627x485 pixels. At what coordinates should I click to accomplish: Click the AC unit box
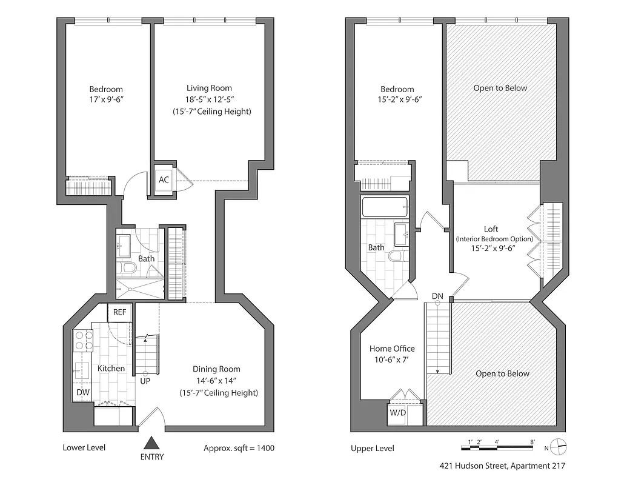pyautogui.click(x=164, y=180)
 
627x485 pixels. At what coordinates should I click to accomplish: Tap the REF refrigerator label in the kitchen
pyautogui.click(x=119, y=313)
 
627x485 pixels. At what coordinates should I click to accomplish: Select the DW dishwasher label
pyautogui.click(x=83, y=392)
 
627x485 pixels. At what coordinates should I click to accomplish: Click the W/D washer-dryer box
pyautogui.click(x=398, y=414)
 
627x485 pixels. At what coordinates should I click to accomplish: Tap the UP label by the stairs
pyautogui.click(x=145, y=381)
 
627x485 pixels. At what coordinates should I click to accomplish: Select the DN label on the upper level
pyautogui.click(x=437, y=296)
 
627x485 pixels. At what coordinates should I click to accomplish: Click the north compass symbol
pyautogui.click(x=559, y=447)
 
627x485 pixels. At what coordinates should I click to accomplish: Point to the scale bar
pyautogui.click(x=498, y=448)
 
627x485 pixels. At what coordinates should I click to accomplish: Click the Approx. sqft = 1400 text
pyautogui.click(x=239, y=448)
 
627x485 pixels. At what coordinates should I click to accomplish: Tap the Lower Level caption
pyautogui.click(x=84, y=448)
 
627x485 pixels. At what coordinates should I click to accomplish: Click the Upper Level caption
pyautogui.click(x=372, y=449)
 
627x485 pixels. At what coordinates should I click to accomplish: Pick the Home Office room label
pyautogui.click(x=392, y=349)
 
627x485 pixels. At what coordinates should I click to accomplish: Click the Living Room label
pyautogui.click(x=209, y=88)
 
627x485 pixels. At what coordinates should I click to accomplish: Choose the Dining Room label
pyautogui.click(x=216, y=369)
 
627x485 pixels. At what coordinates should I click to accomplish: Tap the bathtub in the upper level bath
pyautogui.click(x=385, y=209)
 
